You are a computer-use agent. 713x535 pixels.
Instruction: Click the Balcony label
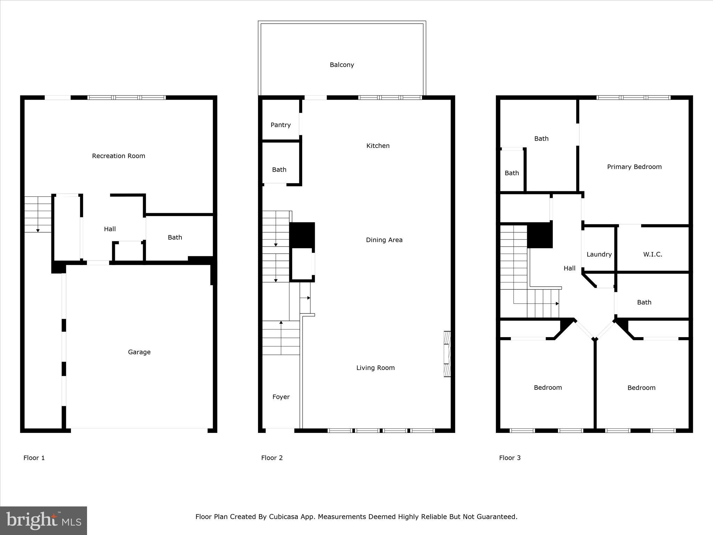[x=342, y=65]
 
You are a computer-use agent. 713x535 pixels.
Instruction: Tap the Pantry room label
[x=281, y=125]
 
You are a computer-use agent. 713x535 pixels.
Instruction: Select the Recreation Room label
[x=118, y=156]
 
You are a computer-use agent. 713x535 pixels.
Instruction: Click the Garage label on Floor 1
[x=139, y=352]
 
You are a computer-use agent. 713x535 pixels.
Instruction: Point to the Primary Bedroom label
[x=634, y=167]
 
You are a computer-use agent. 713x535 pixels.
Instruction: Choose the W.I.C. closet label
[x=652, y=254]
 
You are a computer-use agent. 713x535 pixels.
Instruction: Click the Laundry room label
[x=599, y=254]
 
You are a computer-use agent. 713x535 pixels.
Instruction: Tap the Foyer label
[x=281, y=397]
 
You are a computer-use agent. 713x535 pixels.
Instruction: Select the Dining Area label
[x=384, y=240]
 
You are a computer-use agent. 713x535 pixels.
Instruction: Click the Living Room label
[x=375, y=367]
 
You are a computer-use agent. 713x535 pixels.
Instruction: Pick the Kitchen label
[x=378, y=146]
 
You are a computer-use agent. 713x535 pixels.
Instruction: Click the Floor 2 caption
[x=272, y=458]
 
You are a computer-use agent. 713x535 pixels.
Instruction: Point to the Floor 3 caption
[x=510, y=458]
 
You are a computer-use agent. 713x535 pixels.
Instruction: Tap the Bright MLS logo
[x=44, y=521]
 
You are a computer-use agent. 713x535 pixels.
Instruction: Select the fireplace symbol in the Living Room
[x=447, y=354]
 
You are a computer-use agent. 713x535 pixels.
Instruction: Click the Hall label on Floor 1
[x=110, y=229]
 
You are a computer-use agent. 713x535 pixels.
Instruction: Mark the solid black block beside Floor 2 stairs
[x=302, y=235]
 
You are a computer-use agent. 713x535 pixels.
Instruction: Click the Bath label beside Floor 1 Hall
[x=175, y=237]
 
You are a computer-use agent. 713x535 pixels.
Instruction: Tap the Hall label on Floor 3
[x=569, y=268]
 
